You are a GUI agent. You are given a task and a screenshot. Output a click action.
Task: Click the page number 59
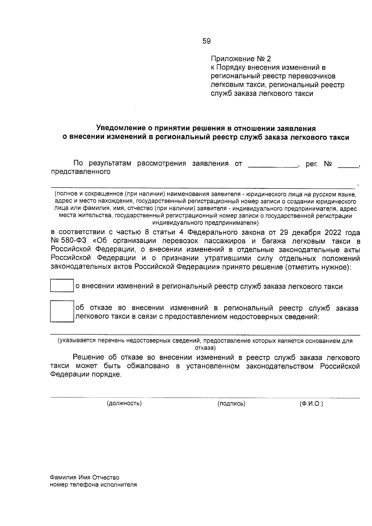click(x=206, y=41)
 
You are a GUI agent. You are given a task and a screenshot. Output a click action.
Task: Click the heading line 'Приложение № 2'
click(x=241, y=59)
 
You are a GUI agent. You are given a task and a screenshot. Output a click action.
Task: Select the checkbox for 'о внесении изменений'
click(x=62, y=286)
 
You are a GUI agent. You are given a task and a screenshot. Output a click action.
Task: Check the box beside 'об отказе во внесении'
click(x=62, y=312)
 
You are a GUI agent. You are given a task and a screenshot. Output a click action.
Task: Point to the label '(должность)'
click(x=124, y=403)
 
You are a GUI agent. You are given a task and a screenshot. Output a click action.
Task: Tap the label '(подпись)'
click(x=231, y=403)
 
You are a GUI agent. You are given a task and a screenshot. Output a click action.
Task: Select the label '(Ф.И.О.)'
click(x=311, y=403)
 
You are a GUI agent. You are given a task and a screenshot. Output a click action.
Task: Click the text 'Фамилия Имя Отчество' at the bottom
click(x=84, y=477)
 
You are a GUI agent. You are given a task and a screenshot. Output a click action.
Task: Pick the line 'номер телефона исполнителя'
click(x=93, y=485)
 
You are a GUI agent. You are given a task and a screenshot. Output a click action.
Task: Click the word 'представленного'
click(x=81, y=172)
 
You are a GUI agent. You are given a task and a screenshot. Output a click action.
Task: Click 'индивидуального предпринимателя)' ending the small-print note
click(x=205, y=223)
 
